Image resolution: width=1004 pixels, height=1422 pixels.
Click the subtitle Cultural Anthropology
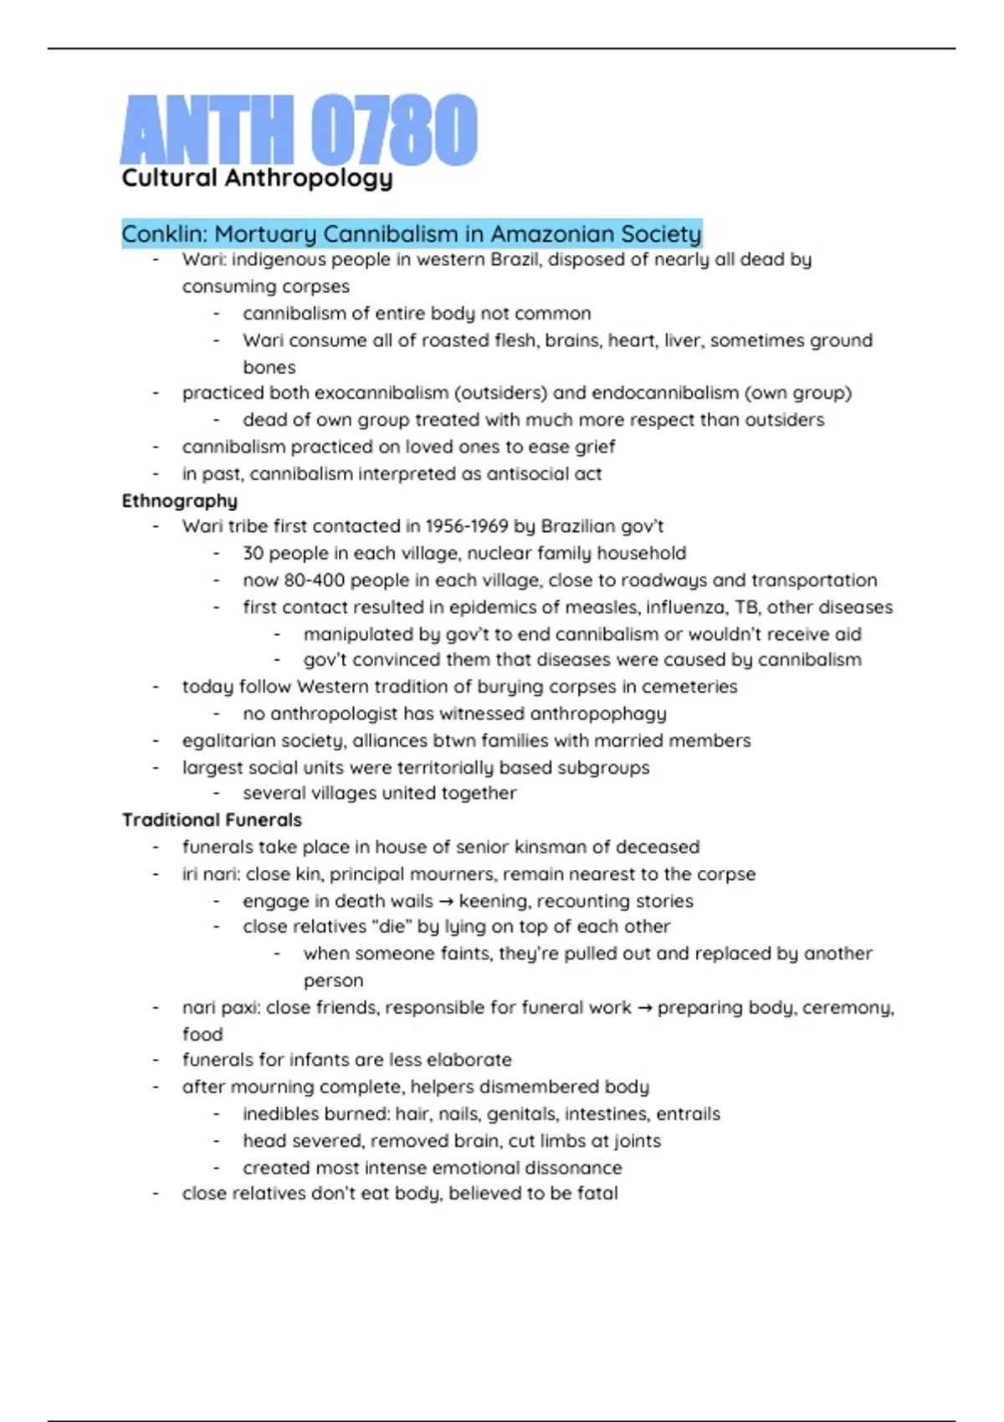point(257,178)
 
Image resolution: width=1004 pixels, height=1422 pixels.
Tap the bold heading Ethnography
point(180,500)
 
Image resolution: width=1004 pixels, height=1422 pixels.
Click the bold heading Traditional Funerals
point(212,820)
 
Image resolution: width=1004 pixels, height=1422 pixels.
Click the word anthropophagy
point(598,714)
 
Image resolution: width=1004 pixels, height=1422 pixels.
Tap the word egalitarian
point(221,740)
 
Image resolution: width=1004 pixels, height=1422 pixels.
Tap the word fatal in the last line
point(597,1194)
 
